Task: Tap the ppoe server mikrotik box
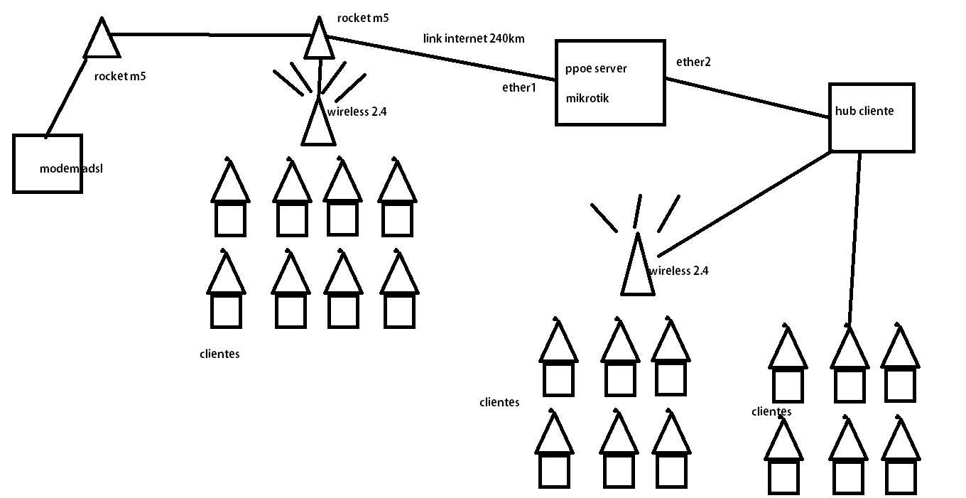pyautogui.click(x=610, y=83)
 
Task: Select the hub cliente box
pyautogui.click(x=872, y=117)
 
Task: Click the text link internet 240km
pyautogui.click(x=474, y=38)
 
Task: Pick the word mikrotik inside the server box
pyautogui.click(x=587, y=99)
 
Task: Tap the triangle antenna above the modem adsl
pyautogui.click(x=102, y=41)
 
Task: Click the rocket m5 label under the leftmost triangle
pyautogui.click(x=119, y=75)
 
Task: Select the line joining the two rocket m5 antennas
pyautogui.click(x=213, y=33)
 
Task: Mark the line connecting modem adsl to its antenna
pyautogui.click(x=71, y=96)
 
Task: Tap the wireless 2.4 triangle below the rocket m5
pyautogui.click(x=318, y=124)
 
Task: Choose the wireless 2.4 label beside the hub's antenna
pyautogui.click(x=678, y=271)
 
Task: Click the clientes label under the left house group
pyautogui.click(x=219, y=353)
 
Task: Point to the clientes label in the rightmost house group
pyautogui.click(x=771, y=411)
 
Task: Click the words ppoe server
pyautogui.click(x=596, y=69)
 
